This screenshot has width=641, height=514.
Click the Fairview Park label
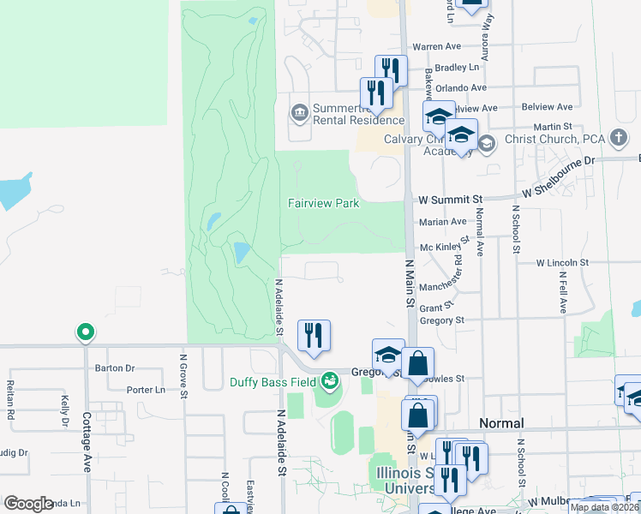click(x=322, y=203)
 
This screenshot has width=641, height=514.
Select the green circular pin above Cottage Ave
click(x=85, y=332)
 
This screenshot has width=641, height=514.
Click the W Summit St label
click(x=452, y=199)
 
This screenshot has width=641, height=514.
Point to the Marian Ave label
click(x=442, y=222)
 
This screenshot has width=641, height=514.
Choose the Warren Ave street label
click(x=437, y=46)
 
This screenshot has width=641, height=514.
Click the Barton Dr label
click(x=116, y=368)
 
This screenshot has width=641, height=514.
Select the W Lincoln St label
click(x=563, y=263)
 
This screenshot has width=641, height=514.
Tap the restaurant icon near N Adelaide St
click(x=314, y=336)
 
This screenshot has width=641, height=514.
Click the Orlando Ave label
click(x=461, y=87)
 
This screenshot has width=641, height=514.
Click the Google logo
click(x=28, y=504)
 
